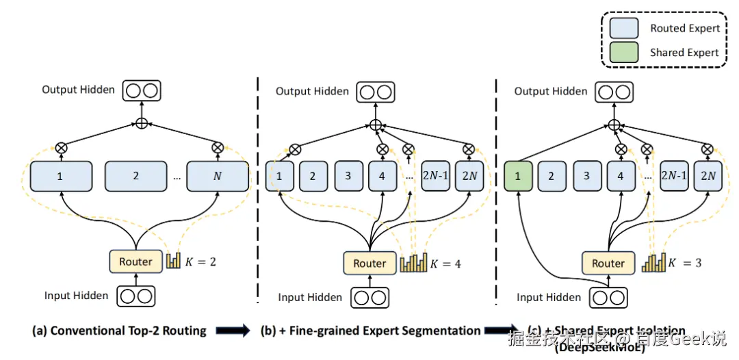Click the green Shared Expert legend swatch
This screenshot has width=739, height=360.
[x=625, y=52]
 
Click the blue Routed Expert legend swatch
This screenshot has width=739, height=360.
[x=625, y=28]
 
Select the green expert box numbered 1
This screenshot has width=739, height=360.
[x=518, y=176]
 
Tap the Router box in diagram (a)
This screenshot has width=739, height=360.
[x=135, y=261]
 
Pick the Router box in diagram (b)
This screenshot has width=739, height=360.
[x=369, y=263]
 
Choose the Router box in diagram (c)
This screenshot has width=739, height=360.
[x=608, y=263]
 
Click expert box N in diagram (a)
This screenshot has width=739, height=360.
[x=218, y=176]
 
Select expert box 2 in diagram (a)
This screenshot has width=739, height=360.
[x=135, y=176]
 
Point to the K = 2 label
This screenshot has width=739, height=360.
[x=202, y=261]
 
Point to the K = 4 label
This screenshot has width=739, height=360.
[x=446, y=263]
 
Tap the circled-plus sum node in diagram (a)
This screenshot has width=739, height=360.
[x=142, y=124]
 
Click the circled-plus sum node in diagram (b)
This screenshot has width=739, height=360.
[x=375, y=125]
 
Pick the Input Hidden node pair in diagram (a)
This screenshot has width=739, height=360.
[x=135, y=296]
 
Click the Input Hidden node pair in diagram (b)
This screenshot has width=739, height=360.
[x=369, y=298]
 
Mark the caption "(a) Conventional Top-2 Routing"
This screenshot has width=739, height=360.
[x=119, y=331]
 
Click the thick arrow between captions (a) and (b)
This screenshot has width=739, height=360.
[x=233, y=331]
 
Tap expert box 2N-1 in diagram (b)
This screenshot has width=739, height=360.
[x=435, y=176]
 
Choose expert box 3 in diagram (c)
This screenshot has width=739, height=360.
[x=586, y=176]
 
